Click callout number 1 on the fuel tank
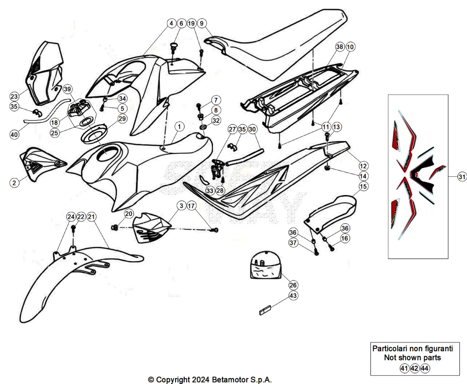179,126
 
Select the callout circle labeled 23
14,96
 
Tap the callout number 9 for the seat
202,23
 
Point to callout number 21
91,217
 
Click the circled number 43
293,295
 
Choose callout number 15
363,186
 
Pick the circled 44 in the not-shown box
425,368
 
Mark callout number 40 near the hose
14,134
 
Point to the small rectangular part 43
265,310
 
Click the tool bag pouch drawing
265,266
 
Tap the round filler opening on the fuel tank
108,154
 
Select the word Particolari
390,348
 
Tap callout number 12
363,166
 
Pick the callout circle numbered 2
14,183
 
